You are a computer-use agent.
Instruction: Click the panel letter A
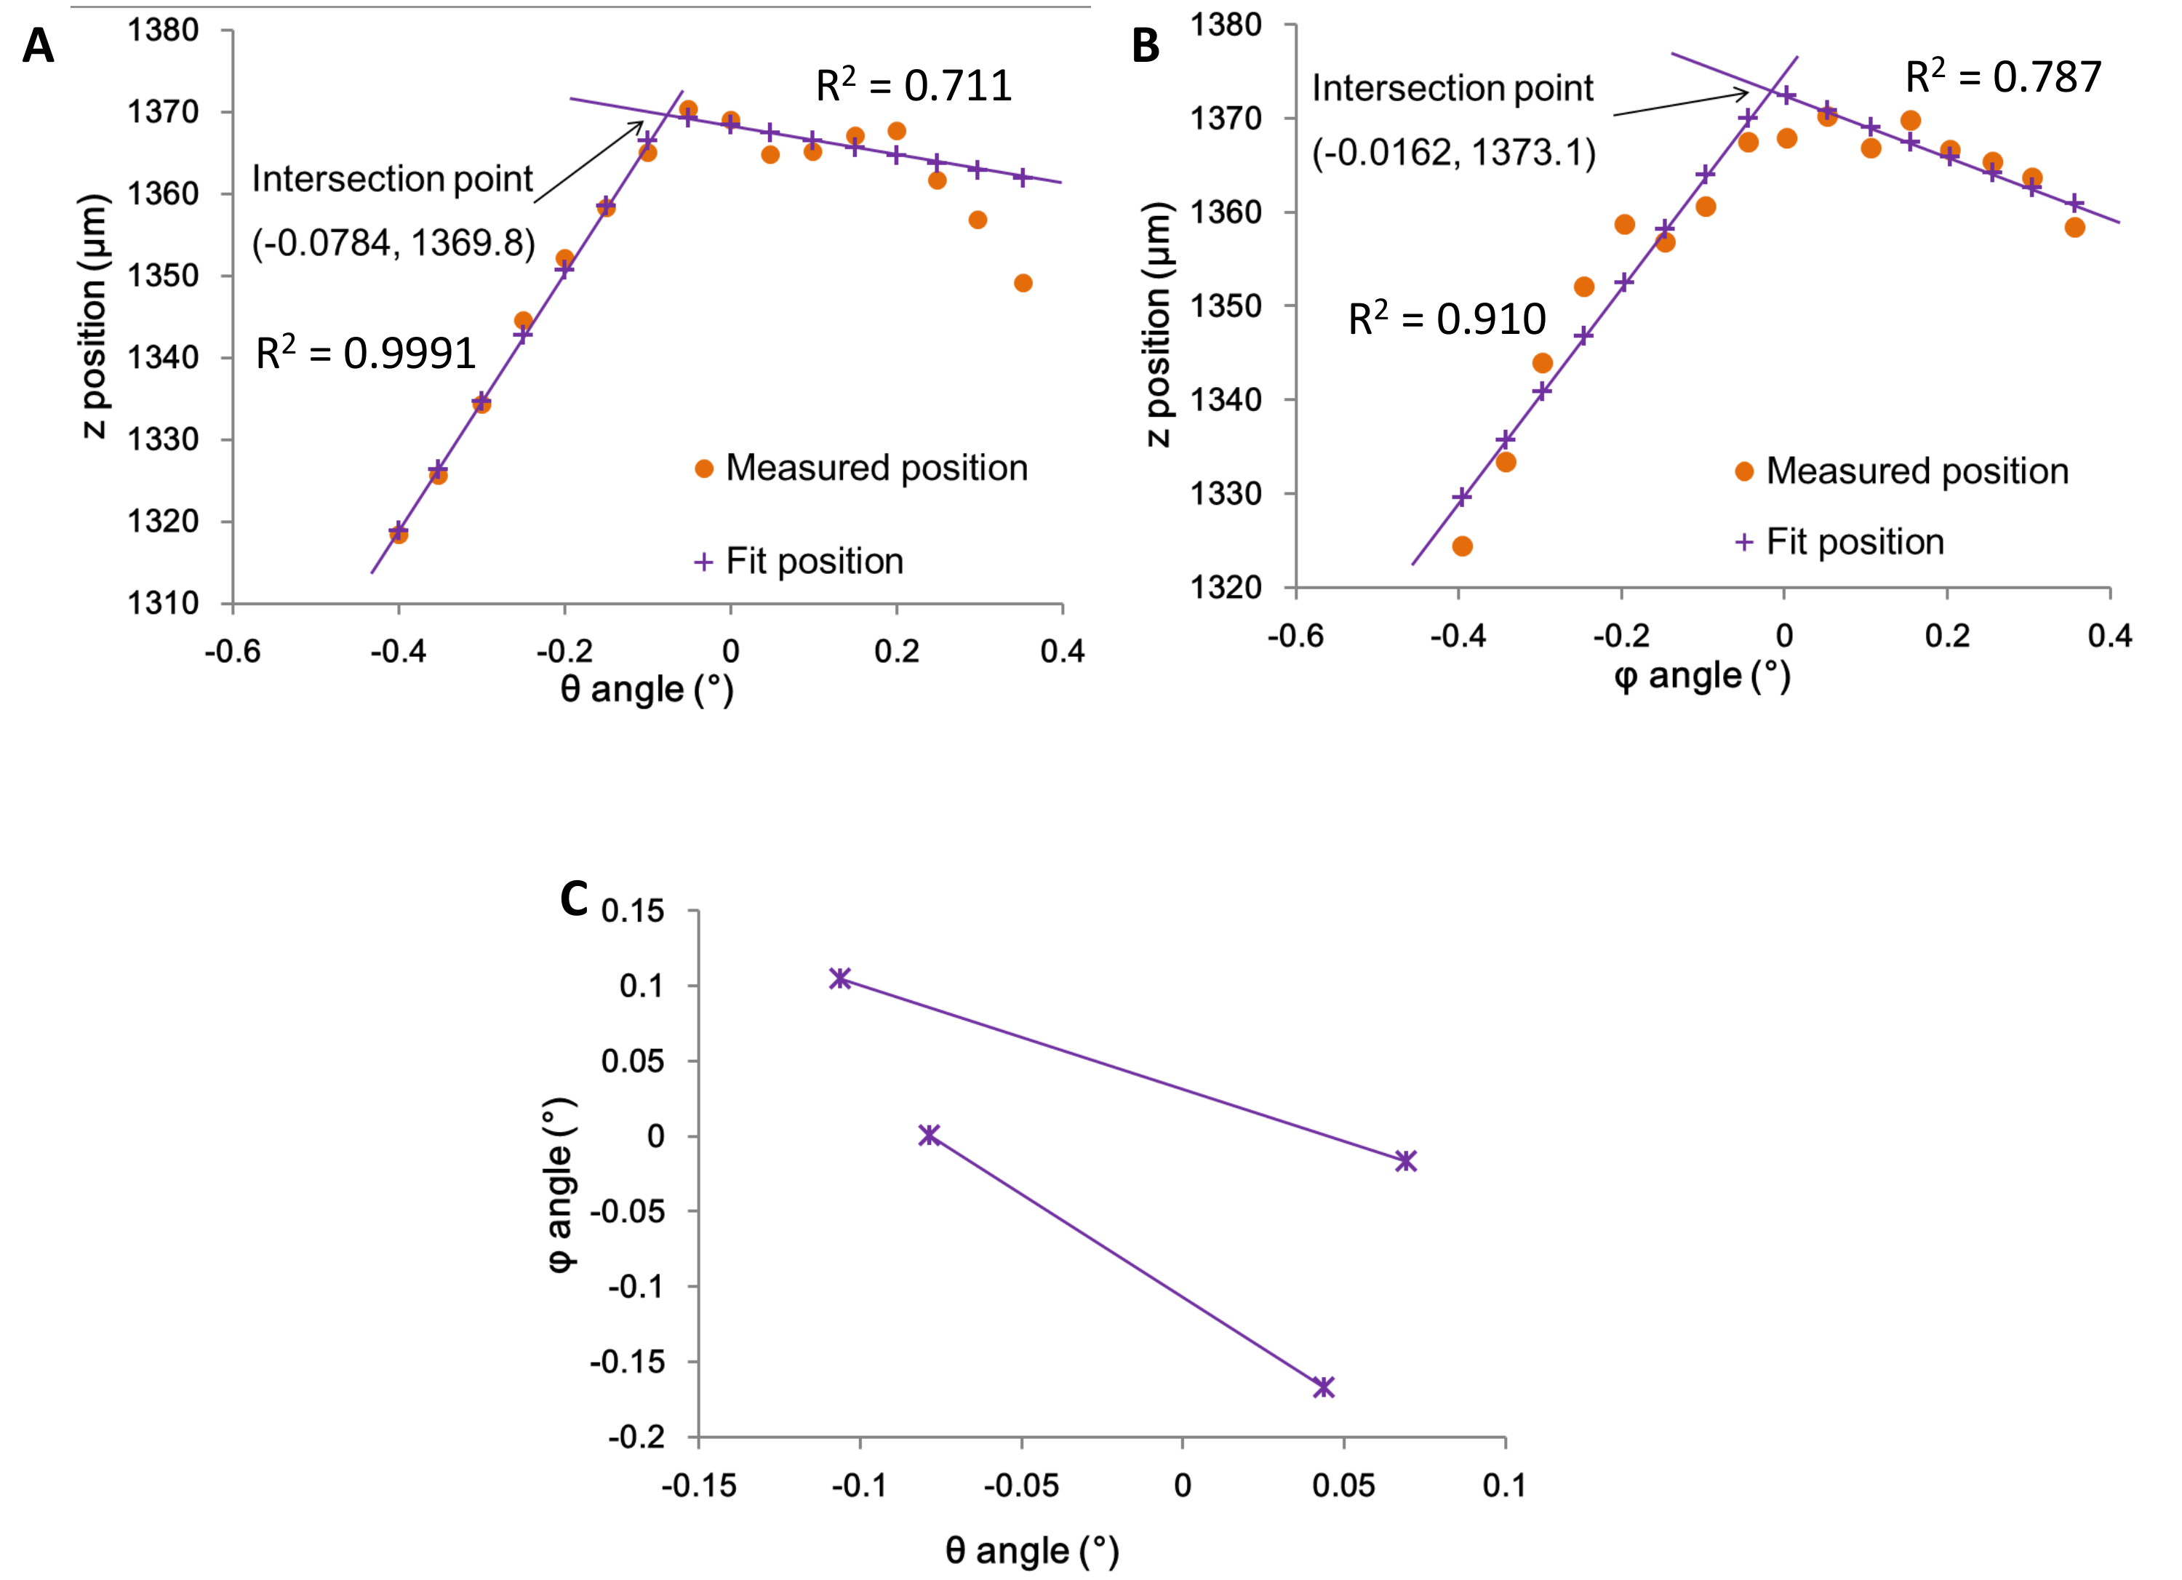click(38, 45)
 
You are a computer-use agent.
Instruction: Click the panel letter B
click(1145, 45)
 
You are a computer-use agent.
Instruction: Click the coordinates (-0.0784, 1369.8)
click(393, 242)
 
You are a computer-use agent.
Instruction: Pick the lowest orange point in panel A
click(399, 534)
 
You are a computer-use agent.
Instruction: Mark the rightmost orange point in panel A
click(1023, 283)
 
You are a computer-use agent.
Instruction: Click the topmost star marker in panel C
click(840, 978)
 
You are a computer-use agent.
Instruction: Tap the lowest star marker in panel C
click(1324, 1387)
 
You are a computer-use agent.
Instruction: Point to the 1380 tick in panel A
click(164, 31)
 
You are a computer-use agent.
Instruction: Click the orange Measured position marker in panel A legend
click(704, 468)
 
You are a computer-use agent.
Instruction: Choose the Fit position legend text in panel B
click(1855, 542)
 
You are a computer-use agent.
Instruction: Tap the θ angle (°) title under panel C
click(1032, 1550)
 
